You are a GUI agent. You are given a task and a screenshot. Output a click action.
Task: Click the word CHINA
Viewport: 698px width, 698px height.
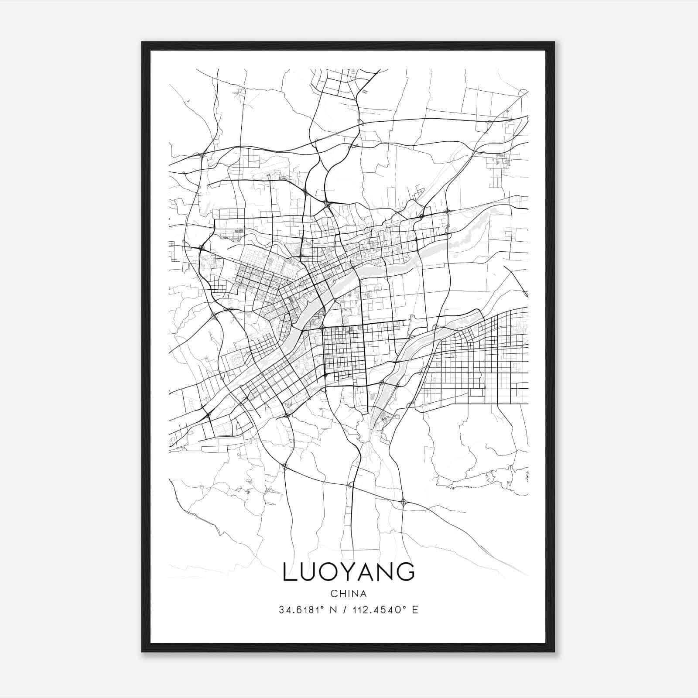click(349, 594)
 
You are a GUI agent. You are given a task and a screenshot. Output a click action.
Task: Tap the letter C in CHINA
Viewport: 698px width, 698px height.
click(334, 594)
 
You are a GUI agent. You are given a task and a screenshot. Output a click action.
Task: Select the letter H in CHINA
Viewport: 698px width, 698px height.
click(342, 594)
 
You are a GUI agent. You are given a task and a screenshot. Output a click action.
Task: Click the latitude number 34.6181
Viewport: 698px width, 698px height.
click(299, 610)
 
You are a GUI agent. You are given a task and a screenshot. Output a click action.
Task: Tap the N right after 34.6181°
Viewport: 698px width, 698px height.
click(333, 610)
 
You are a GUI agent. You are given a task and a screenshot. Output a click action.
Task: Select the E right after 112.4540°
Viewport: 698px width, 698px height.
click(415, 610)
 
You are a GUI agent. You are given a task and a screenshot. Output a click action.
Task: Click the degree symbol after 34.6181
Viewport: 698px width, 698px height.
click(322, 607)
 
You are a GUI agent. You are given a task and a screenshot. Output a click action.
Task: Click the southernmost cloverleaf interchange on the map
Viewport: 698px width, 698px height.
click(404, 502)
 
